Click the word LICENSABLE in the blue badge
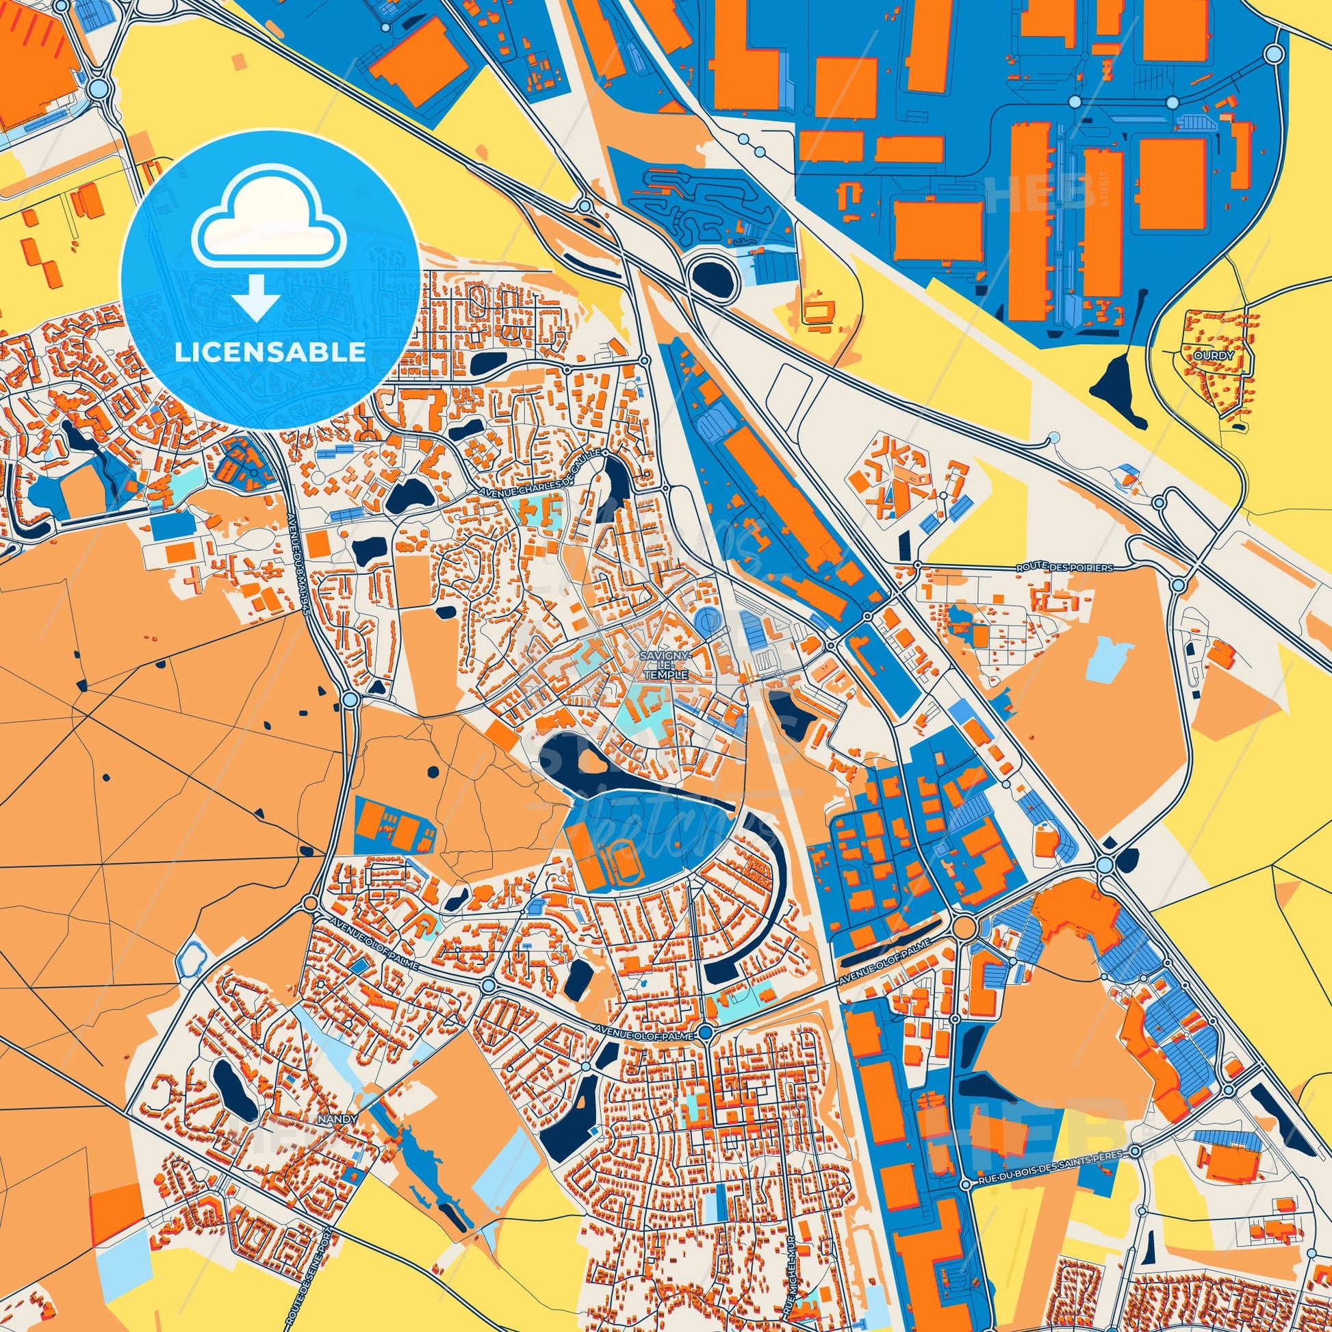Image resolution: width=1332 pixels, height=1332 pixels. tap(270, 353)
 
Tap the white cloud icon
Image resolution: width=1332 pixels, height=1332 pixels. tap(270, 227)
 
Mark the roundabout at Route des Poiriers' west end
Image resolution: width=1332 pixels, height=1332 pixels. tap(918, 565)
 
